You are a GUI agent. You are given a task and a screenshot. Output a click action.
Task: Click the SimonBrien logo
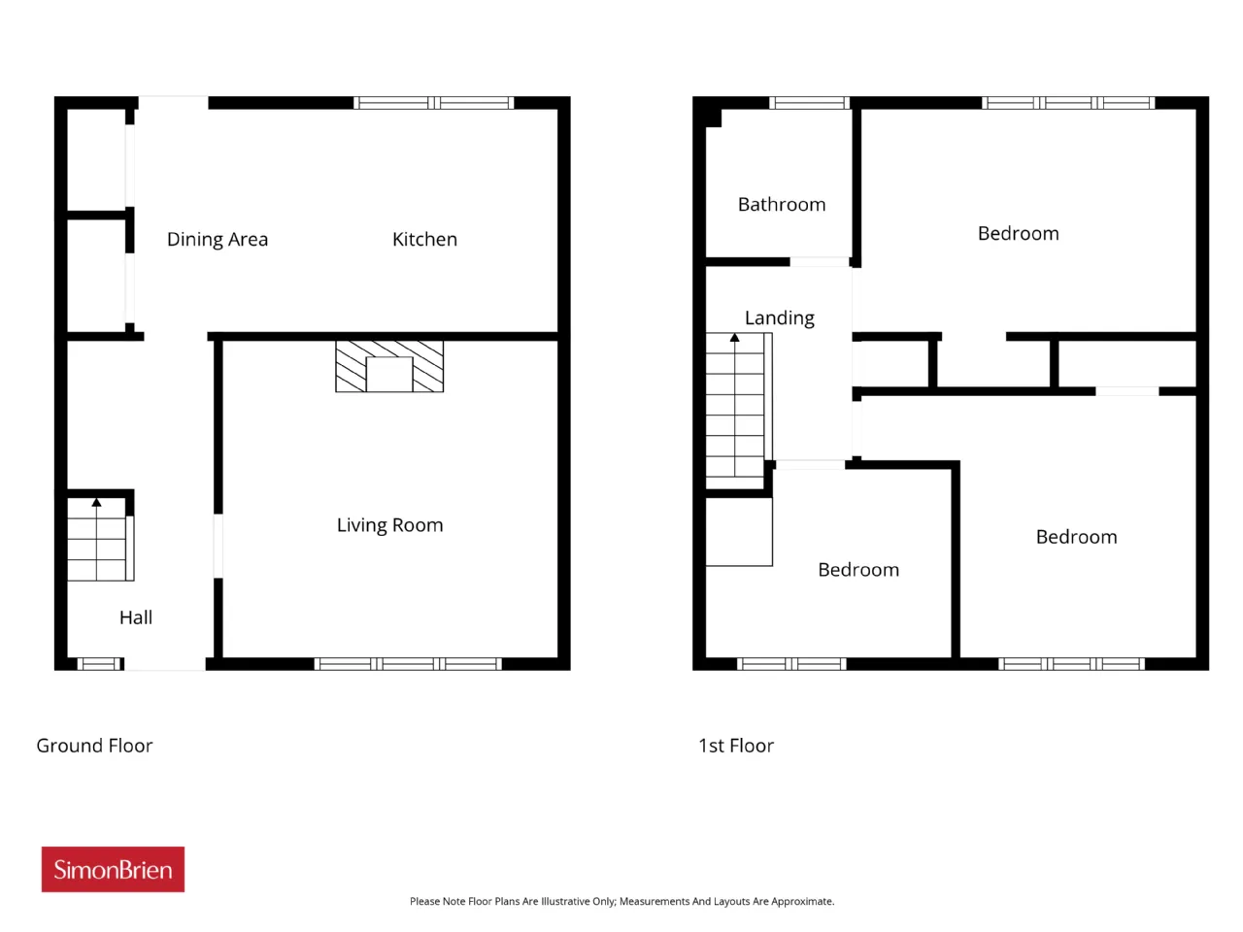113,869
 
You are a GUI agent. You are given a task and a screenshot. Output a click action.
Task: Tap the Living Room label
389,524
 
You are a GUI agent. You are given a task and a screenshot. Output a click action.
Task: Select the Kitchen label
424,239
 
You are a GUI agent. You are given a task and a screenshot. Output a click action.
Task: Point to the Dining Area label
218,240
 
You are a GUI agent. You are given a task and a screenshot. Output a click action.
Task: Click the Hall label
136,616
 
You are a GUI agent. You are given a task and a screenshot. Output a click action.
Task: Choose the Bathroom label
782,204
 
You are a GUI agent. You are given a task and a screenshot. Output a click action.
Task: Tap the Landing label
779,318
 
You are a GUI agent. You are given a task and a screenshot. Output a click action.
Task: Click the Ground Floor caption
94,746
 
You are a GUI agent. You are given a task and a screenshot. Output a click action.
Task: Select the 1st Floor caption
736,746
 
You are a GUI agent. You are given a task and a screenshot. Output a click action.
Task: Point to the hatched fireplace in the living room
389,366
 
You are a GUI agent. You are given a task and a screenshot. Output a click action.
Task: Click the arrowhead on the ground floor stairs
96,502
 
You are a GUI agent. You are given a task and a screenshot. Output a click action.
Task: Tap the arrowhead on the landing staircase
734,337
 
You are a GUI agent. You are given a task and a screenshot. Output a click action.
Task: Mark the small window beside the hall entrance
100,664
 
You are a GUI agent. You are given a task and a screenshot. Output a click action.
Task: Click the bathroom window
809,103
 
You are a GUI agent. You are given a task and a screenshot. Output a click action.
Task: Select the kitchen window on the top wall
434,103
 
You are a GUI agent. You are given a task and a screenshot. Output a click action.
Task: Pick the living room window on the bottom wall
408,664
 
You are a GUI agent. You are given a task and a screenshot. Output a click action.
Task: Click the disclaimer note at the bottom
621,901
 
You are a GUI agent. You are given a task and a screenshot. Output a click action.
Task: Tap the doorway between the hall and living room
218,546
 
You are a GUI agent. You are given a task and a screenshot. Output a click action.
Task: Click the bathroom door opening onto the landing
820,261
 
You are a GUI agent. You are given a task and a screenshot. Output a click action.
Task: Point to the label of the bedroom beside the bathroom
1018,233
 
